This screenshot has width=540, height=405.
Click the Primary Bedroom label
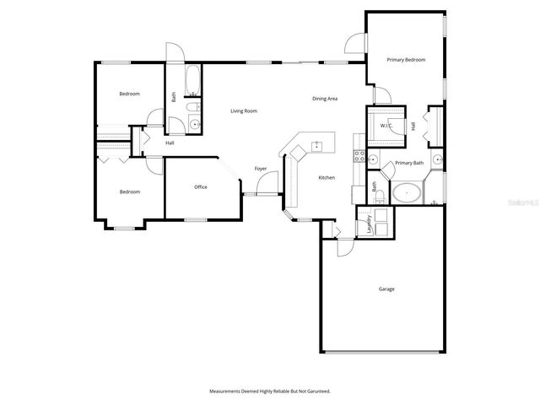pyautogui.click(x=406, y=60)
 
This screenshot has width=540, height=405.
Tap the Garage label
pyautogui.click(x=386, y=289)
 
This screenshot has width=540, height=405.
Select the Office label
pyautogui.click(x=201, y=187)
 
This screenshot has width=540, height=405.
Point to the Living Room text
pyautogui.click(x=245, y=111)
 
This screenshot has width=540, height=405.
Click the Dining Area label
pyautogui.click(x=325, y=100)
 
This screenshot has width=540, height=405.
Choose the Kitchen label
pyautogui.click(x=327, y=178)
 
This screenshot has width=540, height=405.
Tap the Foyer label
pyautogui.click(x=261, y=169)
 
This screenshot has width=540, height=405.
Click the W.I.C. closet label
pyautogui.click(x=386, y=126)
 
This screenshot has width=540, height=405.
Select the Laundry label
pyautogui.click(x=370, y=224)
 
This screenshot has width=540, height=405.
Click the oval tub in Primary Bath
pyautogui.click(x=408, y=193)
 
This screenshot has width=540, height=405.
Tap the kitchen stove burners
pyautogui.click(x=358, y=156)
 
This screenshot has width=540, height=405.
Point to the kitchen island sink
pyautogui.click(x=318, y=144)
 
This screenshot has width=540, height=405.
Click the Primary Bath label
pyautogui.click(x=408, y=163)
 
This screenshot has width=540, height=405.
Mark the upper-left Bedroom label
pyautogui.click(x=129, y=94)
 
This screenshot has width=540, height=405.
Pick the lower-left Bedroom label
pyautogui.click(x=129, y=192)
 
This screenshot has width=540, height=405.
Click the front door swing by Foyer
pyautogui.click(x=268, y=184)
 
